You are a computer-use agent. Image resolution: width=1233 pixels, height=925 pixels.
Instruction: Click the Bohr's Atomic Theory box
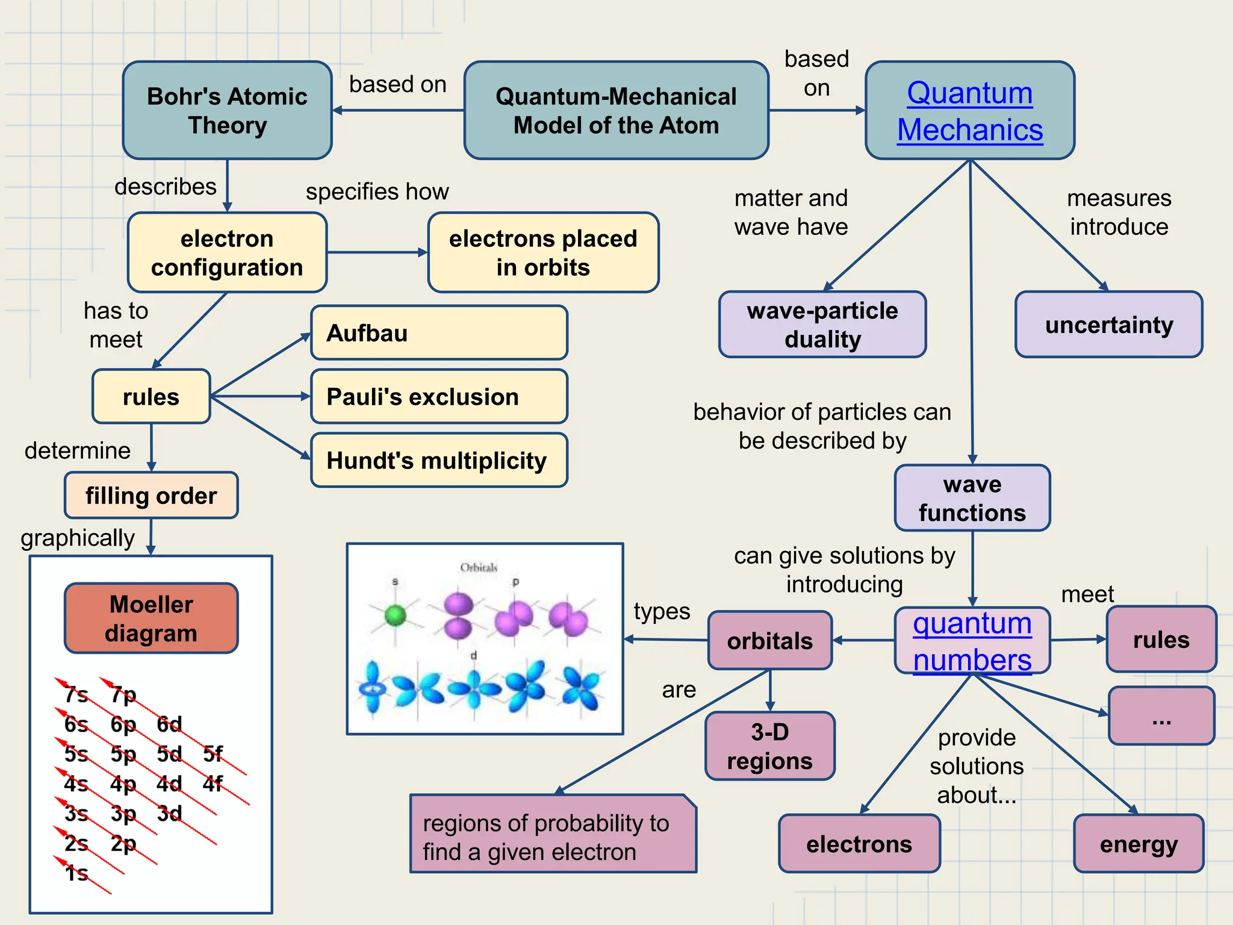coord(227,110)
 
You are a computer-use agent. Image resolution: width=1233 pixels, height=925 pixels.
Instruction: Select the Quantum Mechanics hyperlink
coord(970,111)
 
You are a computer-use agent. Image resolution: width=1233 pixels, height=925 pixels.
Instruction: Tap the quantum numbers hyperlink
coord(972,641)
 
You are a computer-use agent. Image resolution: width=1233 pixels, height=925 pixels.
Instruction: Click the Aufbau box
coord(439,332)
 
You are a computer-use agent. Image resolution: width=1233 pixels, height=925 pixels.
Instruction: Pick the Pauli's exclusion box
coord(439,396)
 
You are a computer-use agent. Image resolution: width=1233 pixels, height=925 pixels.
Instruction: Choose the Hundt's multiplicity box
coord(439,460)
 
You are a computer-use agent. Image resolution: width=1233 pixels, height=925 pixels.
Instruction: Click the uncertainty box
coord(1108,325)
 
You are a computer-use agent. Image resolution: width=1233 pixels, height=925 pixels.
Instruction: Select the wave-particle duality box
coord(822,325)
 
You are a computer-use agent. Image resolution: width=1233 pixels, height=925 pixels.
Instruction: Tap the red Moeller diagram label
coord(151,618)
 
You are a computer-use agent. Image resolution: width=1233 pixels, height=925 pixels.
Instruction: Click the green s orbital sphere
coord(396,615)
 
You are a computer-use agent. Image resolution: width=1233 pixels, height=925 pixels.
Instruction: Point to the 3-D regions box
coord(769,746)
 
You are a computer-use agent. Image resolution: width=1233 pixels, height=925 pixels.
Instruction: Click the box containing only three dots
coord(1161,716)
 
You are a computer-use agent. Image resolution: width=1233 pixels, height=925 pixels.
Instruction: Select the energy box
coord(1138,844)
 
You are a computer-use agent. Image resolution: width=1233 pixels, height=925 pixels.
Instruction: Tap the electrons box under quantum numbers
coord(859,844)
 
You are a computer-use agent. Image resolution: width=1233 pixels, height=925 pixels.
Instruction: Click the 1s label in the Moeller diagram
coord(76,873)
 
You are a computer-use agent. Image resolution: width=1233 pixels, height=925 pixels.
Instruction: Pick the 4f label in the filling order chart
coord(212,783)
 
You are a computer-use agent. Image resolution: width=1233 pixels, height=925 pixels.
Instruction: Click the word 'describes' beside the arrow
coord(165,187)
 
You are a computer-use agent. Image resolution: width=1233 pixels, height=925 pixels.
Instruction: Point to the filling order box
coord(151,496)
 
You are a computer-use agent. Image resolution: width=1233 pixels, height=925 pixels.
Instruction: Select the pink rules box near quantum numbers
coord(1161,640)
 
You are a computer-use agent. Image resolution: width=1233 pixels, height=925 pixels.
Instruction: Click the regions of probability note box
coord(553,836)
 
